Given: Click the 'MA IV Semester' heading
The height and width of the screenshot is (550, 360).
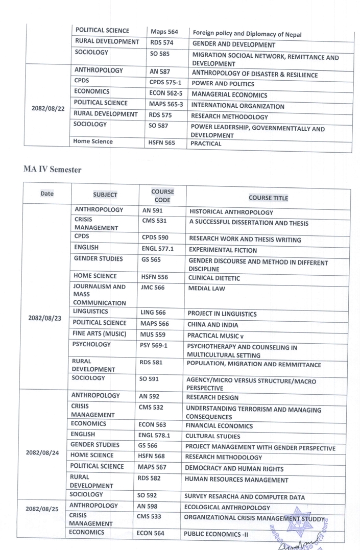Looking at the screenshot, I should (52, 170).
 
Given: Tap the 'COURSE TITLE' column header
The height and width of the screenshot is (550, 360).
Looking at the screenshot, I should (268, 198).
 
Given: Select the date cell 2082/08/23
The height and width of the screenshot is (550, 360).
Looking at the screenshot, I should (45, 318).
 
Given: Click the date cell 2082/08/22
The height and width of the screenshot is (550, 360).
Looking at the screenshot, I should (47, 108).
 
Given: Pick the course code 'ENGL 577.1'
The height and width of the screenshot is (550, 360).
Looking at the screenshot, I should (157, 250).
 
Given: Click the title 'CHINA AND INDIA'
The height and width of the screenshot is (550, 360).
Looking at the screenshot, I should (212, 324).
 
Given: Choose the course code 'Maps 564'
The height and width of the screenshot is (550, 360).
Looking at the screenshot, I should (164, 32).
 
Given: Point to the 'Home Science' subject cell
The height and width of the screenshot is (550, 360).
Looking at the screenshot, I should (93, 142).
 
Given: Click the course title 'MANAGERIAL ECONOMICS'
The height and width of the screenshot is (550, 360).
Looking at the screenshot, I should (229, 95).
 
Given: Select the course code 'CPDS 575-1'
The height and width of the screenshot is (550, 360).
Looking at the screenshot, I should (165, 82).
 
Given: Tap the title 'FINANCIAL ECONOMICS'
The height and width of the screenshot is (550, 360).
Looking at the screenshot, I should (219, 426).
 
